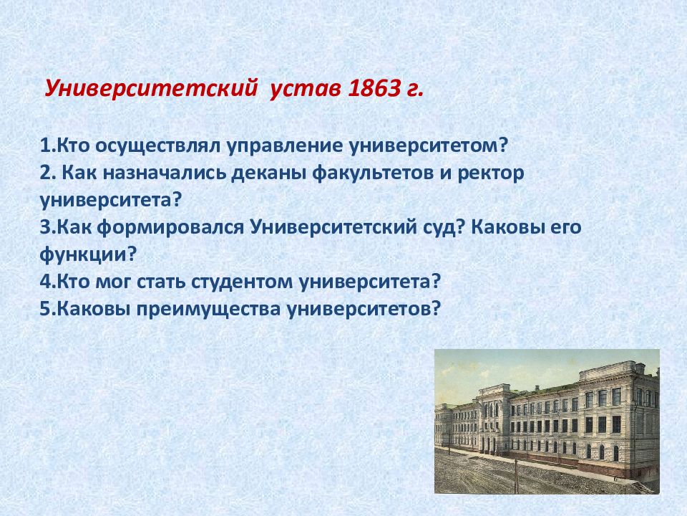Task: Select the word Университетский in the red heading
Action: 151,90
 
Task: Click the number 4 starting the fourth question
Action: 46,281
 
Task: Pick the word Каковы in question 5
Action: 94,309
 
